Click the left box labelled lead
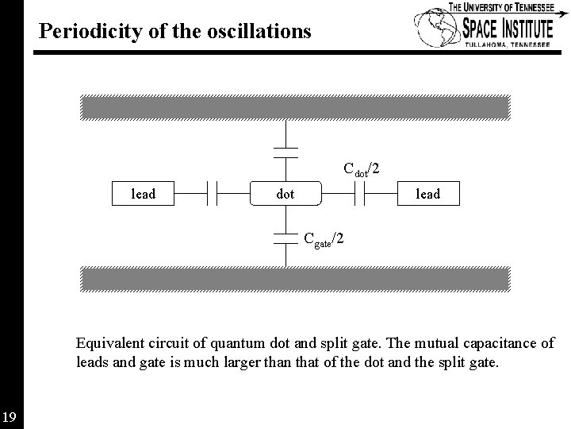143,193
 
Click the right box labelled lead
427,193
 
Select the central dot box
285,193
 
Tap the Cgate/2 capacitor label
324,238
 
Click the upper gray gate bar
294,106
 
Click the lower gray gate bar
294,277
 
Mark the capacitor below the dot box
285,237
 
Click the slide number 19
10,416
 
